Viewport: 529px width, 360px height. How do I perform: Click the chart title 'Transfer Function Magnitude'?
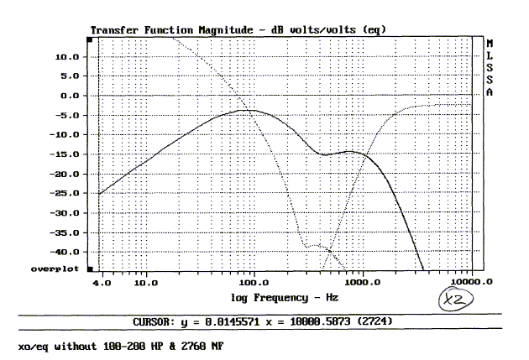click(x=159, y=29)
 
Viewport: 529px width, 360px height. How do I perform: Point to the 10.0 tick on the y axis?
click(x=67, y=56)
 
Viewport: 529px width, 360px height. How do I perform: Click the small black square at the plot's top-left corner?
click(x=90, y=39)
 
